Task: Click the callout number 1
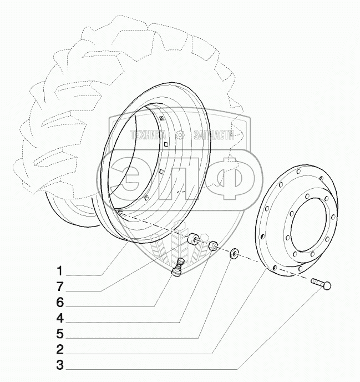tap(59, 272)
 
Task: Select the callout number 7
tap(59, 288)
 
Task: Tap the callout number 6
tap(59, 303)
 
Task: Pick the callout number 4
tap(59, 319)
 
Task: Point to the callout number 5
tap(59, 335)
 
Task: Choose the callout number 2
tap(59, 351)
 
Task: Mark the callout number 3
tap(59, 366)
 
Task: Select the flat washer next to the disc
tap(235, 255)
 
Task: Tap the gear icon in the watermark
tap(180, 134)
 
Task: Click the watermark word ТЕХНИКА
tap(149, 134)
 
